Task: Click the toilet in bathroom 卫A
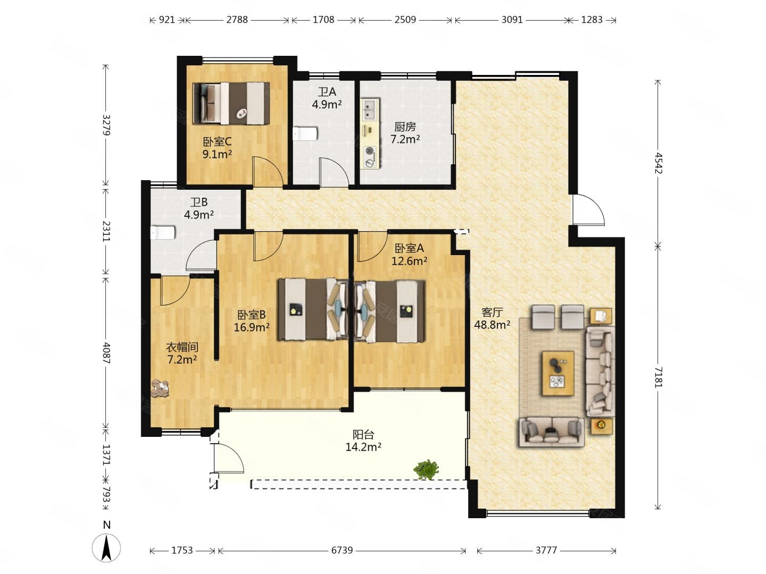305,133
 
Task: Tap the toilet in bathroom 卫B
162,232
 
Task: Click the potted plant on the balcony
426,469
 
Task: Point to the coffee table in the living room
557,373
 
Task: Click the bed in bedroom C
231,103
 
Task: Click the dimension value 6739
342,550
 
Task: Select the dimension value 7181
658,377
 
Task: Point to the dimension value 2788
237,20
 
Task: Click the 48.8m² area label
492,325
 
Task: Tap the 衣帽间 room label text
182,347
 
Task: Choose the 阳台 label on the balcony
363,434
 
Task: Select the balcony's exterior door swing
229,458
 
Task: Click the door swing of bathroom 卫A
334,171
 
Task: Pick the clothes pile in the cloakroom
160,388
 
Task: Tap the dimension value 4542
658,163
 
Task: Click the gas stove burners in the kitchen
370,156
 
